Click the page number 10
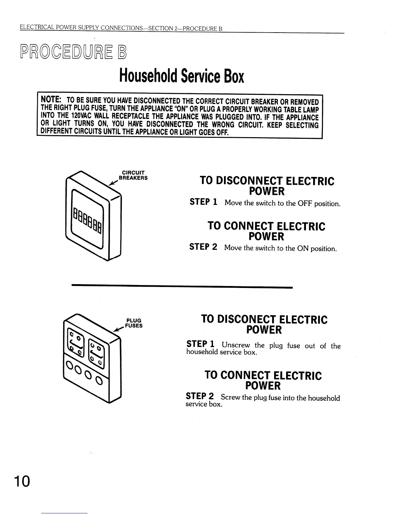[x=22, y=481]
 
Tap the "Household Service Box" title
[x=181, y=76]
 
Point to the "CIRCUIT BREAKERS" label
[x=133, y=175]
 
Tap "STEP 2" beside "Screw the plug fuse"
[x=200, y=396]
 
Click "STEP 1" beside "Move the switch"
[x=204, y=202]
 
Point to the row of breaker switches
[x=87, y=218]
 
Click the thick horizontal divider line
[x=182, y=287]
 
